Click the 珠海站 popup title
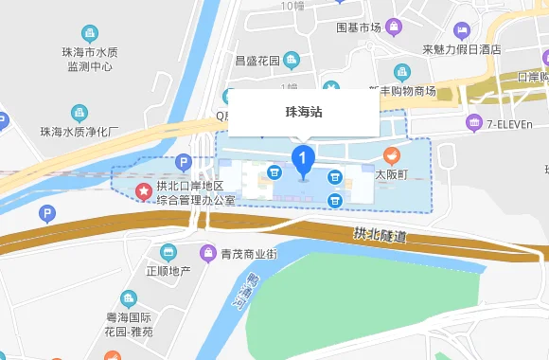pyautogui.click(x=304, y=112)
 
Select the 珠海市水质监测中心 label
pyautogui.click(x=90, y=60)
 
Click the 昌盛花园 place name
pyautogui.click(x=257, y=60)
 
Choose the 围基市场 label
pyautogui.click(x=359, y=27)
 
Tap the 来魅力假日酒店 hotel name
pyautogui.click(x=461, y=49)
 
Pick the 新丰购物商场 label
pyautogui.click(x=401, y=91)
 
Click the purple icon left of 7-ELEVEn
pyautogui.click(x=474, y=123)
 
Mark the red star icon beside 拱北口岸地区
pyautogui.click(x=142, y=192)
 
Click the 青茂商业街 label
pyautogui.click(x=248, y=254)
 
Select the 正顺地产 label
pyautogui.click(x=168, y=271)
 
